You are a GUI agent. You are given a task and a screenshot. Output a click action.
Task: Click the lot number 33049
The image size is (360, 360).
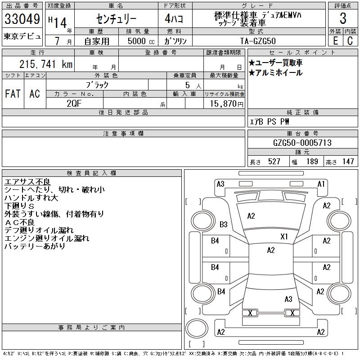(22, 19)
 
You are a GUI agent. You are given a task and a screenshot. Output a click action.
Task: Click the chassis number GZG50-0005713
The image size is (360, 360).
(302, 143)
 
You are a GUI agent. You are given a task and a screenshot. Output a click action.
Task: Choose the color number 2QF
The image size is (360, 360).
(74, 103)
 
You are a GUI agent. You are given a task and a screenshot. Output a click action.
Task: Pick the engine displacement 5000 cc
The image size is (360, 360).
(137, 40)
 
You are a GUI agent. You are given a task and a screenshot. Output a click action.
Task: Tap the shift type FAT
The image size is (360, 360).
(13, 94)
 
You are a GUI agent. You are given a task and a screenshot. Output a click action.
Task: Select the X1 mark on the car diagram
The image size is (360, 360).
(284, 236)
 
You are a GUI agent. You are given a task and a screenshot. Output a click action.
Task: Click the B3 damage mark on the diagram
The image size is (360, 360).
(224, 224)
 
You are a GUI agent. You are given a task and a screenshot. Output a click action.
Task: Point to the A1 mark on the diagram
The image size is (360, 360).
(321, 184)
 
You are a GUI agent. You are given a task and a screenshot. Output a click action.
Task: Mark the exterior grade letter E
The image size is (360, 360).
(335, 40)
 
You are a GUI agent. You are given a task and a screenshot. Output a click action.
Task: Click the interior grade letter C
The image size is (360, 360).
(350, 40)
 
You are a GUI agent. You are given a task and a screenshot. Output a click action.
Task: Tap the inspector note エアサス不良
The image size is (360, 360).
(27, 182)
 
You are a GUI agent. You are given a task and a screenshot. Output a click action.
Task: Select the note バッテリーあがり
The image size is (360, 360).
(35, 246)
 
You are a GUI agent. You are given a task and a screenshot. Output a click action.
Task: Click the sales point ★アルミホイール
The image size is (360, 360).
(275, 72)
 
